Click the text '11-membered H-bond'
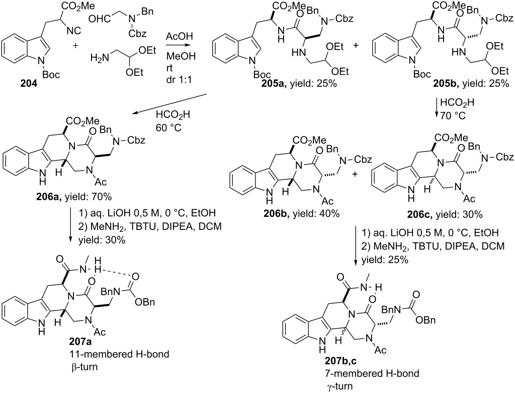119,354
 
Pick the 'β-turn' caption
84,366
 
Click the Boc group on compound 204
51,75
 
